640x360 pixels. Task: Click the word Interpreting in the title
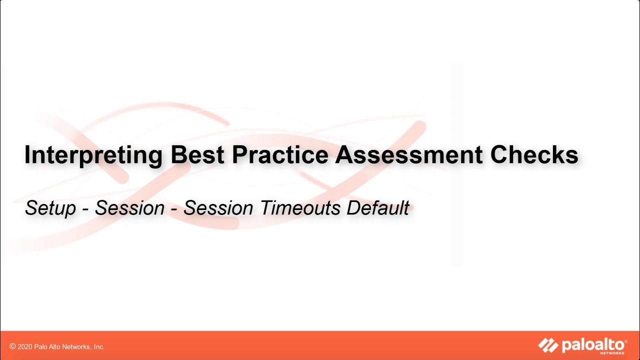click(x=93, y=156)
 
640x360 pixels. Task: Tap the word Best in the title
click(x=197, y=155)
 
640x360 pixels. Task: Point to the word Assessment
click(x=408, y=155)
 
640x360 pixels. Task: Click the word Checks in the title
click(x=534, y=155)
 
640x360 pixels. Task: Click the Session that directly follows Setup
click(x=129, y=208)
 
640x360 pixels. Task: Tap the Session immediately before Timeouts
click(x=218, y=208)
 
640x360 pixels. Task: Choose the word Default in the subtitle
click(x=378, y=208)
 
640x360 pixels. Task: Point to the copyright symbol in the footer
click(x=12, y=346)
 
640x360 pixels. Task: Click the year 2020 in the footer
click(x=25, y=346)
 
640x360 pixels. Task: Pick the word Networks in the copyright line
click(x=76, y=346)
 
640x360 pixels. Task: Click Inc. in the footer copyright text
click(x=98, y=346)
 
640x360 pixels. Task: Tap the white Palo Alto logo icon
click(x=548, y=345)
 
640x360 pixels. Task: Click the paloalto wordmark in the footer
click(x=594, y=344)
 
